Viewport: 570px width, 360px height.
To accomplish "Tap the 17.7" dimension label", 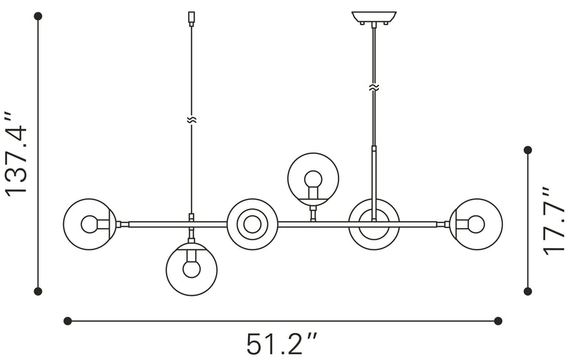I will tap(554, 221).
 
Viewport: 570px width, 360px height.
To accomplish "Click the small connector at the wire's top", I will tap(190, 16).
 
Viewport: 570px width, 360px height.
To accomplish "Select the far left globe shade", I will tap(88, 224).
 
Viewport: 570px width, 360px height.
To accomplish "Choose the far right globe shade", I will tap(474, 224).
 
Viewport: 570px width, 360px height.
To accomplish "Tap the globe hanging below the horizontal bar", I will tap(191, 268).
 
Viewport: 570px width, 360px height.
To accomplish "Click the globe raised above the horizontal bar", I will tap(312, 178).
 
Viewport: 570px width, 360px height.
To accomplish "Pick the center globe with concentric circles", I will tap(252, 224).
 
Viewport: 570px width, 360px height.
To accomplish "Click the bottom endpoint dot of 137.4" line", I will tap(39, 291).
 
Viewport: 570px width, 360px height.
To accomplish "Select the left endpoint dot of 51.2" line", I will tap(68, 321).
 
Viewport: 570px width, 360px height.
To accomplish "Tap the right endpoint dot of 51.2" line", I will tap(498, 321).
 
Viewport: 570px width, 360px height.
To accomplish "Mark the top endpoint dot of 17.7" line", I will tap(528, 150).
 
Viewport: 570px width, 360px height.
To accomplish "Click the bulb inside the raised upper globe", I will tap(312, 180).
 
